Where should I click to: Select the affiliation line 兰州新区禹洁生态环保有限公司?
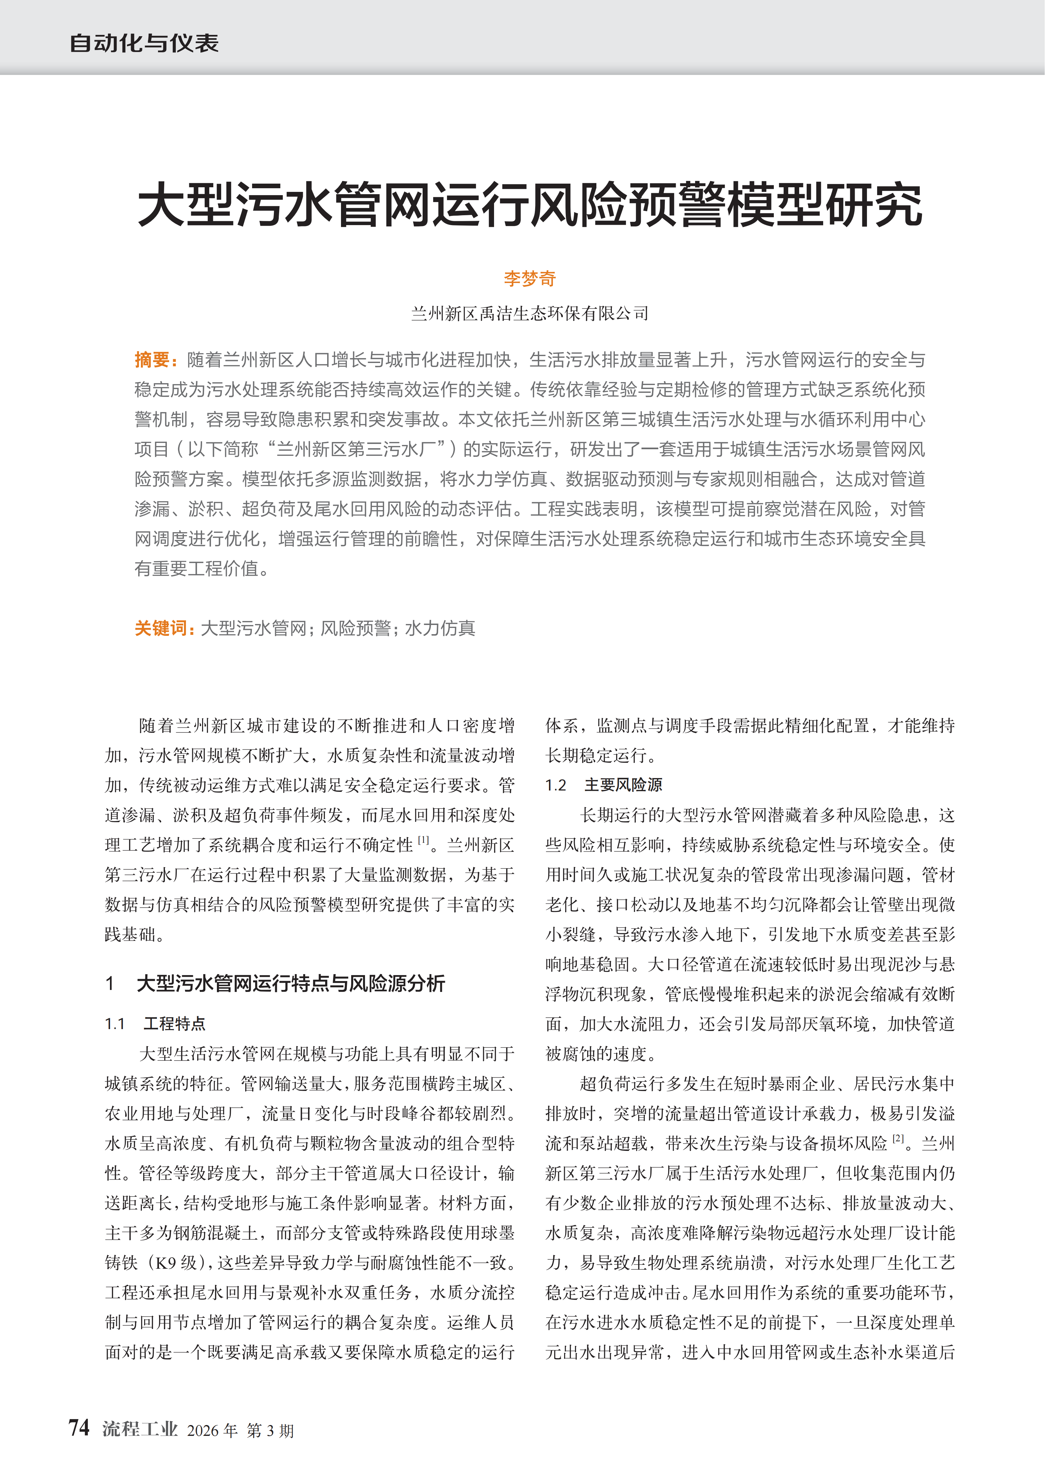pyautogui.click(x=529, y=314)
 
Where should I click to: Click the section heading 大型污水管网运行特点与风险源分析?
pyautogui.click(x=290, y=983)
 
